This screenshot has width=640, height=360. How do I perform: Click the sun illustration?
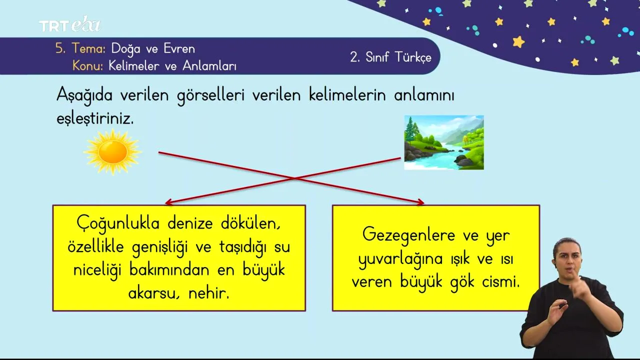[x=112, y=151]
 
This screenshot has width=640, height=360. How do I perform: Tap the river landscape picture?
[x=444, y=142]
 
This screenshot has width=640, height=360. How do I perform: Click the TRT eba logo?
[x=69, y=24]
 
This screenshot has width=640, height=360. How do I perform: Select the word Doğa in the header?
[x=125, y=49]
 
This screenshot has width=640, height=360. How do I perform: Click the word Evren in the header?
[x=179, y=48]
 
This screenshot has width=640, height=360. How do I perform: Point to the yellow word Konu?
[x=87, y=66]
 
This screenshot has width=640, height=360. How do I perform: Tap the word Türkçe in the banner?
[x=413, y=57]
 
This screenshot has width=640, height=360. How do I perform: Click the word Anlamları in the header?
[x=209, y=66]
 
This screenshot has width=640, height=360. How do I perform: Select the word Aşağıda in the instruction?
[x=84, y=95]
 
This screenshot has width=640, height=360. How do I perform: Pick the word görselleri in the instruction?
[x=211, y=95]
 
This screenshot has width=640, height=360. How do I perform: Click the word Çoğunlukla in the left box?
[x=118, y=223]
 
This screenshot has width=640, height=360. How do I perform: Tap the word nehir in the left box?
[x=209, y=293]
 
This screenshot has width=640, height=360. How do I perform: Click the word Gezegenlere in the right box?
[x=409, y=235]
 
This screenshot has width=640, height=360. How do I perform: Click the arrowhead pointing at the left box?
[x=169, y=202]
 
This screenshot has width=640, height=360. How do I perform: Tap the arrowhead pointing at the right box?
[x=420, y=202]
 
